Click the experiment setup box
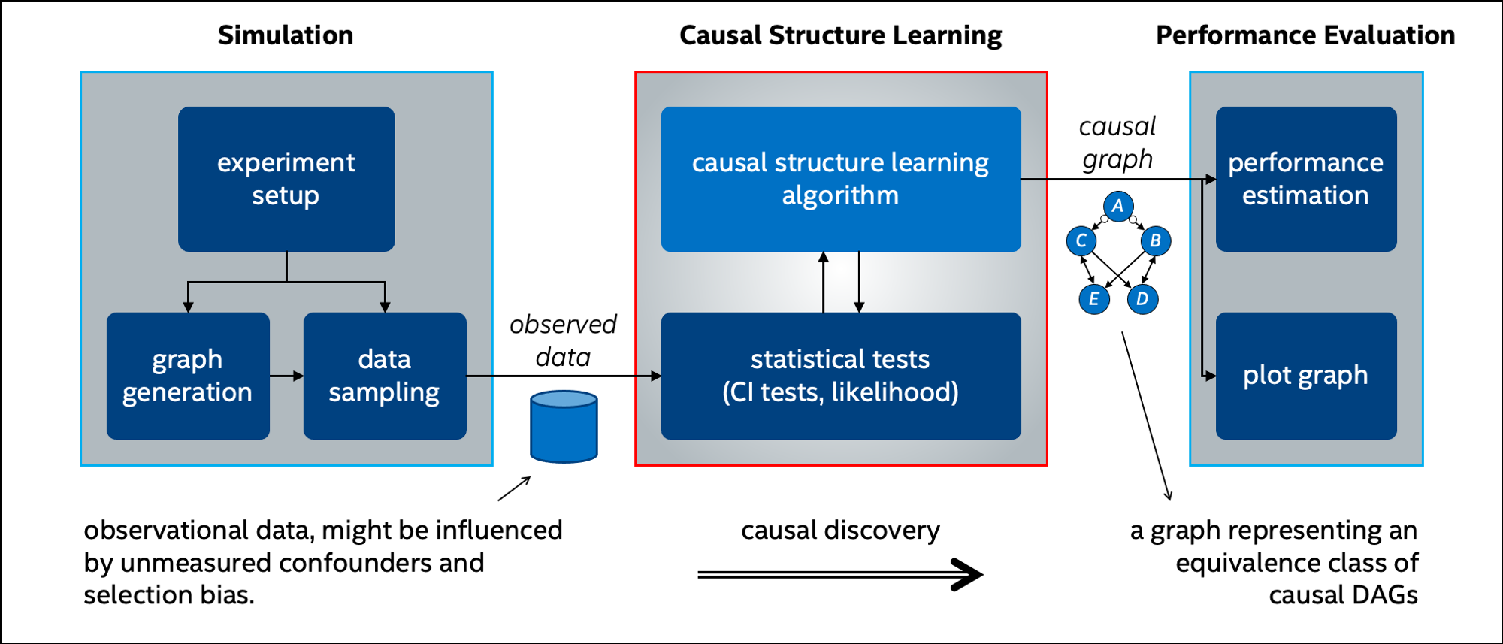coord(286,179)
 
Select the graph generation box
coord(188,376)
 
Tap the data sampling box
coord(385,376)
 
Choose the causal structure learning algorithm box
coord(841,179)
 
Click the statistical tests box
coord(841,376)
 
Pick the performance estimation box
coord(1306,179)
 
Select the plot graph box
coord(1306,376)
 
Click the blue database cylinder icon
coord(564,426)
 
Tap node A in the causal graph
coord(1118,206)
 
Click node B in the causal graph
coord(1156,240)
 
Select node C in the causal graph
coord(1081,240)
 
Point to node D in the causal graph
coord(1142,298)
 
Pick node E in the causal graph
coord(1094,298)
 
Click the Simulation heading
coord(286,35)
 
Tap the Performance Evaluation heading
coord(1305,35)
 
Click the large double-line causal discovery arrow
coord(840,575)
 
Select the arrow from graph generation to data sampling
coord(286,376)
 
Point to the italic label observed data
coord(563,340)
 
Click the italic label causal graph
coord(1117,143)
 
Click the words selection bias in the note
coord(169,595)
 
